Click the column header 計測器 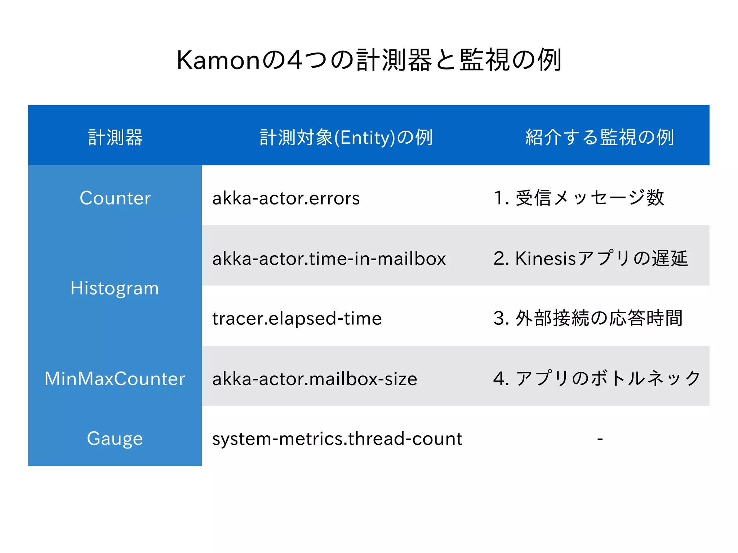click(x=115, y=138)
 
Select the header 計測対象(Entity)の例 click(x=346, y=138)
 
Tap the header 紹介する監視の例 click(x=600, y=138)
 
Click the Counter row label click(x=115, y=198)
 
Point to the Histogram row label click(x=115, y=288)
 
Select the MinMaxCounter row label click(x=115, y=379)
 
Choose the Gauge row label click(x=115, y=439)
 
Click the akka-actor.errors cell click(x=286, y=198)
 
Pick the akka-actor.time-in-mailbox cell click(x=329, y=258)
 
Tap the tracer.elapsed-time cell click(x=297, y=319)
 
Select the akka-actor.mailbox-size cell click(x=315, y=379)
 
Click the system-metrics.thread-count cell click(x=337, y=439)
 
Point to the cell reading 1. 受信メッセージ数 click(x=579, y=198)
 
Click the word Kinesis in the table click(x=546, y=258)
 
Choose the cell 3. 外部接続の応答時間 click(x=588, y=318)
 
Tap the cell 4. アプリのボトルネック click(x=597, y=378)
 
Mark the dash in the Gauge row click(x=600, y=439)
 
